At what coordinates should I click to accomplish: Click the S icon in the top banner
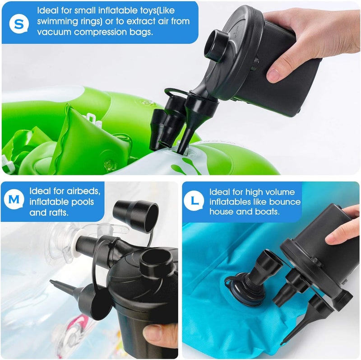coord(18,23)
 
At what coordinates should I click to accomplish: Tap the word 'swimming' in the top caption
coord(56,21)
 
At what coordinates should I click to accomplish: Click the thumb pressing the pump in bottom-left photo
coord(158,332)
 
